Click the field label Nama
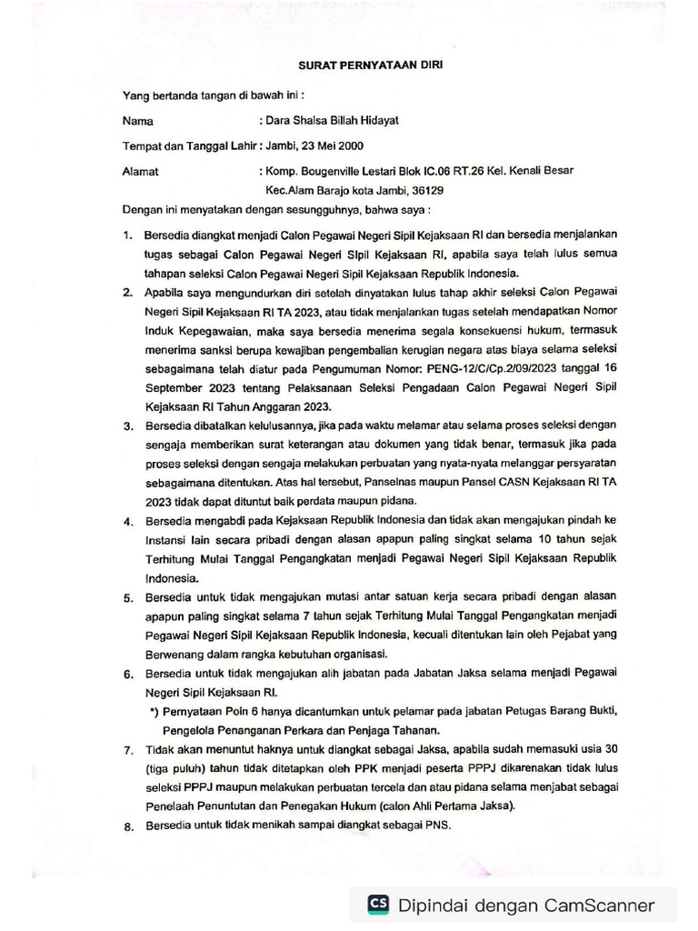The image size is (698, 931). (x=137, y=120)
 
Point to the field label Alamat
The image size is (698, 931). (x=140, y=170)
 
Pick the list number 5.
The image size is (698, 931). (x=127, y=601)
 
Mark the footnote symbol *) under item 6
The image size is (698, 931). (x=155, y=710)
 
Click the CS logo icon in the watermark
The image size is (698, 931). (x=378, y=904)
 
